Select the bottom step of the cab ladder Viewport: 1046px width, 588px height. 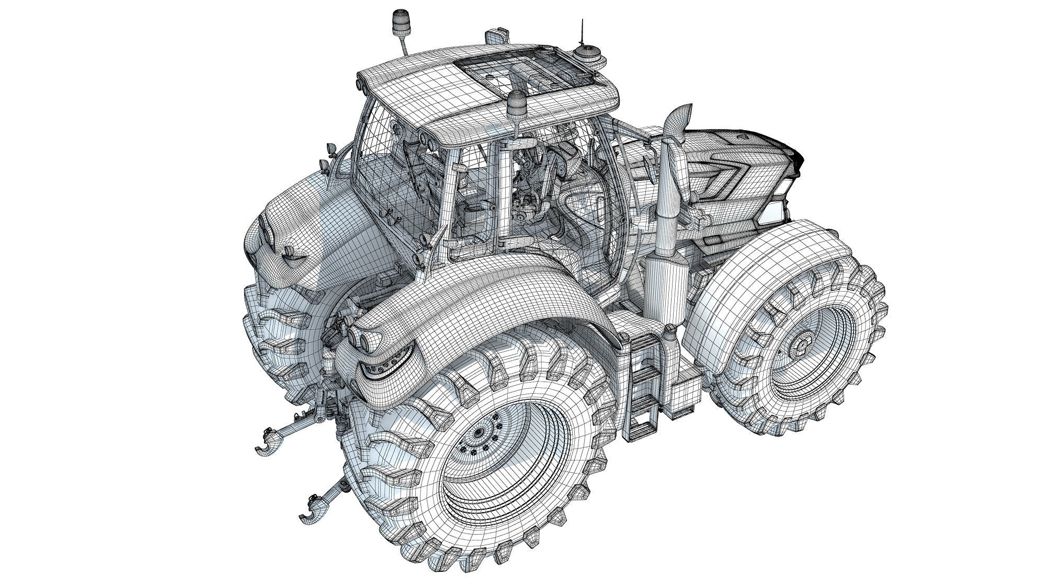(641, 430)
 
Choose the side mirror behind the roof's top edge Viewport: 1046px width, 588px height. (494, 36)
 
